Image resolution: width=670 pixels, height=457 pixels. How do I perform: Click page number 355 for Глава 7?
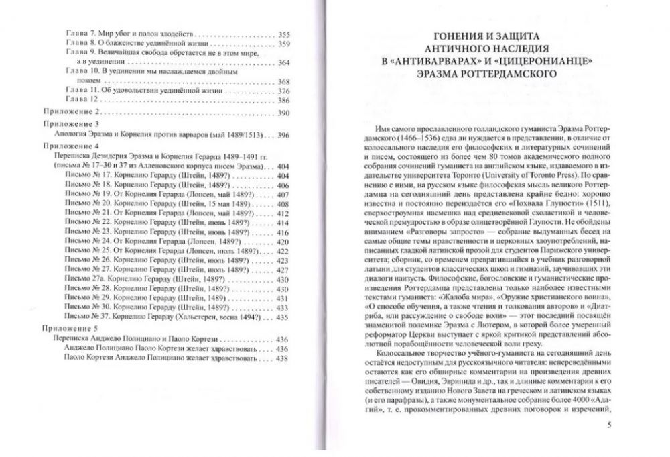(283, 34)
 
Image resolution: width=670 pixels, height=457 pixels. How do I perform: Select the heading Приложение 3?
(70, 124)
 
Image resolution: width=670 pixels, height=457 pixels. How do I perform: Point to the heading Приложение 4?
(70, 145)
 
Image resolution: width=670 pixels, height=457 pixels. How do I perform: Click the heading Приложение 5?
(70, 328)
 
